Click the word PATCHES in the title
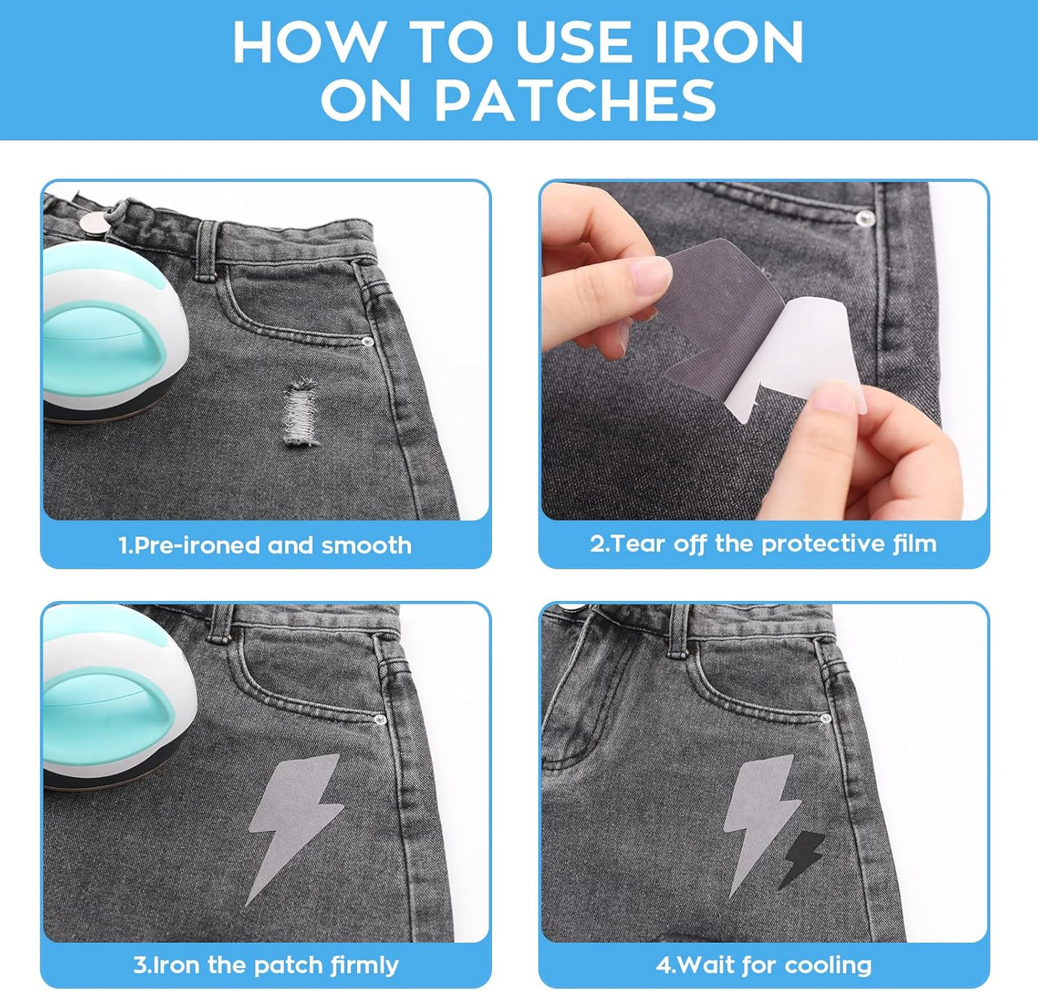point(575,100)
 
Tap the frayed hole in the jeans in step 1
point(302,414)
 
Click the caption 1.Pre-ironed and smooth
point(265,545)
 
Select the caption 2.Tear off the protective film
point(763,544)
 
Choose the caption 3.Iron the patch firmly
point(265,964)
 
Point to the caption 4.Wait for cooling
point(763,964)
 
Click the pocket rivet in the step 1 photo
point(368,343)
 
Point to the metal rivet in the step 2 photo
point(865,215)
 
